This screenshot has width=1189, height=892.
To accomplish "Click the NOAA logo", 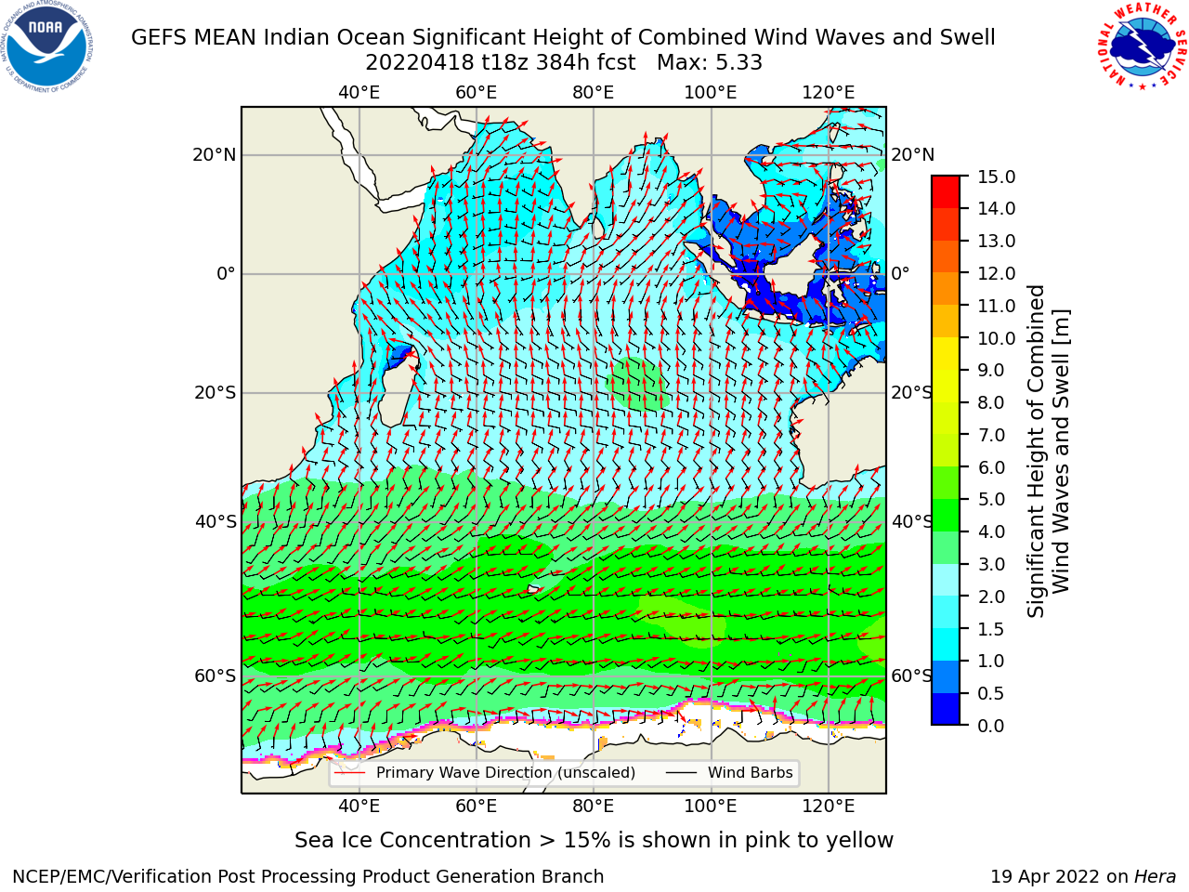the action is (47, 46).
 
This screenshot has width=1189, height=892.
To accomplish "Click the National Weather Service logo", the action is (1142, 46).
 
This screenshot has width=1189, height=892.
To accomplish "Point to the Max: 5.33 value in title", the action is (709, 63).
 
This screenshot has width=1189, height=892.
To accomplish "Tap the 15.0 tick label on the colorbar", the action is (996, 177).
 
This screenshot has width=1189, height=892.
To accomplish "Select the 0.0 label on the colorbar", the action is (991, 726).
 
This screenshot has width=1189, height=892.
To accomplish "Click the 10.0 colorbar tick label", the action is (996, 338).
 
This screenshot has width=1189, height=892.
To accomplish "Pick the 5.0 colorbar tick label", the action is (991, 499).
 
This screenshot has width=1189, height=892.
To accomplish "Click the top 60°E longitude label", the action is (476, 93).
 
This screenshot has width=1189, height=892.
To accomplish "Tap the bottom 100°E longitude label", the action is (711, 807).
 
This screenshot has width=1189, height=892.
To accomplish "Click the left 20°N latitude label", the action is (214, 155).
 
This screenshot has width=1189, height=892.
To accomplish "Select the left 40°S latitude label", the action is (216, 521).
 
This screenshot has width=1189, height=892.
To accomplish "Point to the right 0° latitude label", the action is (900, 273).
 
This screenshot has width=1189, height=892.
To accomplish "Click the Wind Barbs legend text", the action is (750, 773).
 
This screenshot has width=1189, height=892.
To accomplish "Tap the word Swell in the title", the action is (967, 37).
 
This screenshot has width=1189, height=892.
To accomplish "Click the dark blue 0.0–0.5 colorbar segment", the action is (946, 709).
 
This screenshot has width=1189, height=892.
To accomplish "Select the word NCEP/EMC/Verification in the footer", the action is (113, 877).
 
